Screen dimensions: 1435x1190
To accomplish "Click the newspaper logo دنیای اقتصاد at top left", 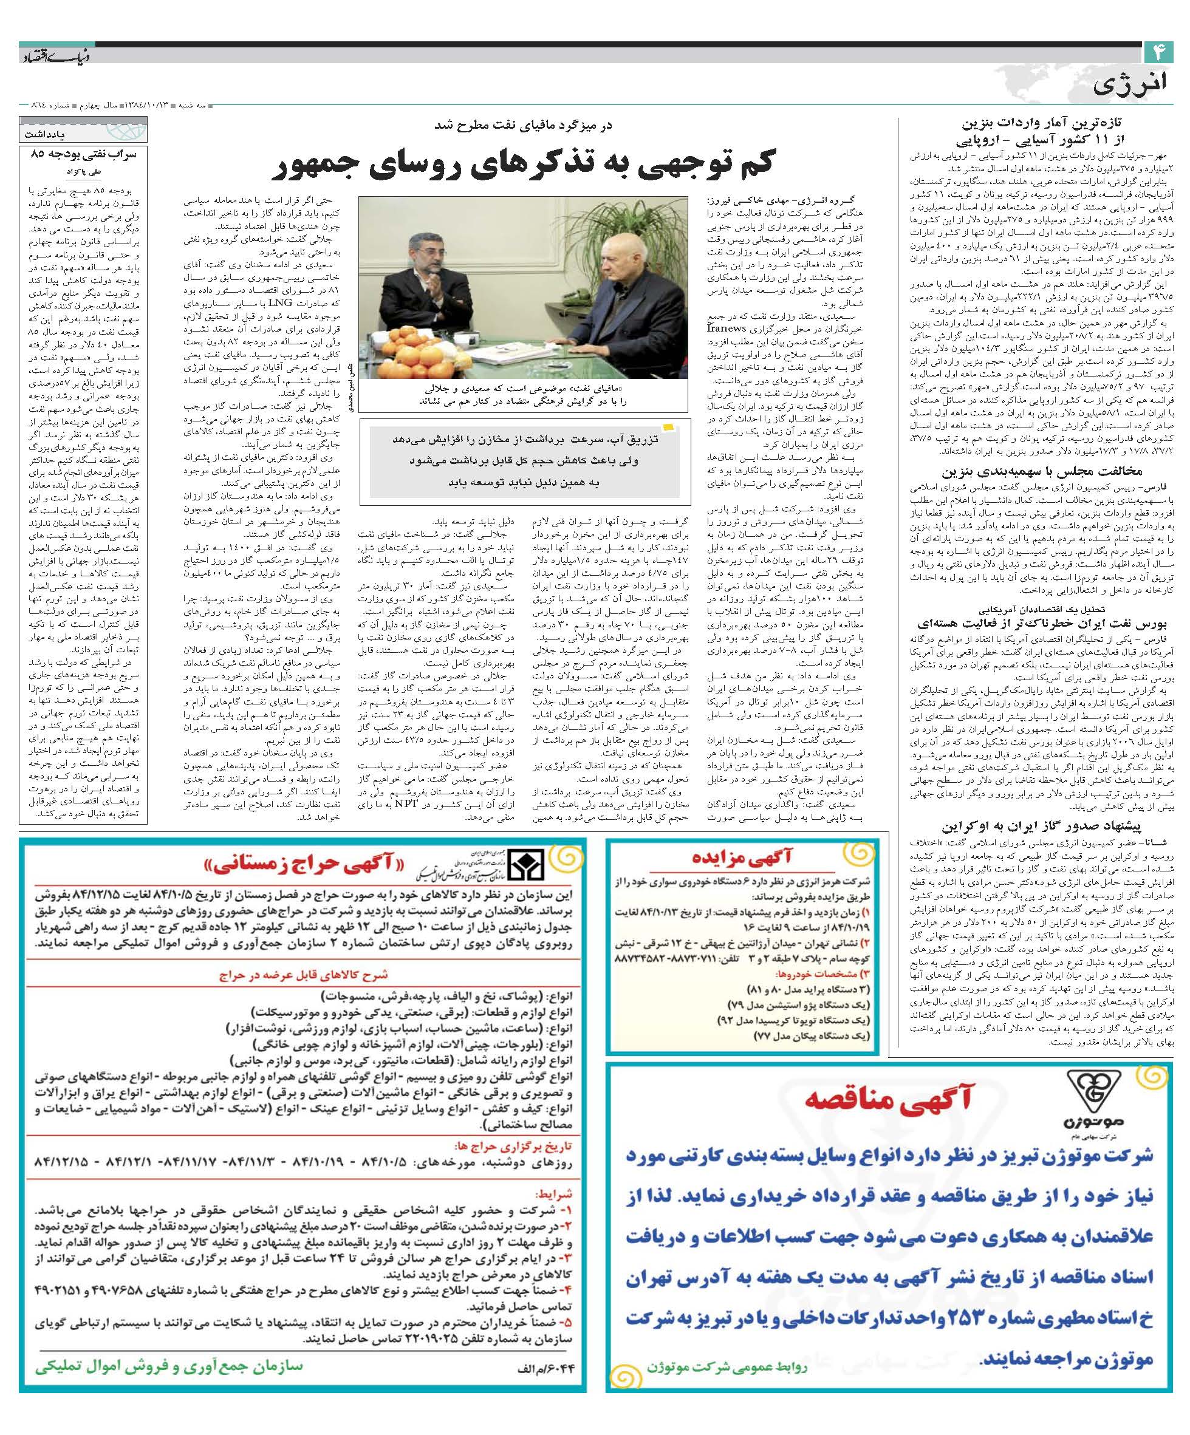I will pos(50,54).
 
